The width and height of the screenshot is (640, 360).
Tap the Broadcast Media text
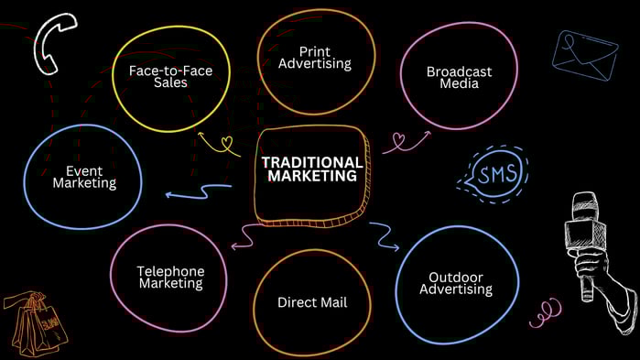[x=459, y=77]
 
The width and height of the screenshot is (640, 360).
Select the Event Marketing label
[x=84, y=176]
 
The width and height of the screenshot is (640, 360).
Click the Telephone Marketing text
[x=170, y=277]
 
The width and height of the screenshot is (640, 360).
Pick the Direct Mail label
[x=312, y=301]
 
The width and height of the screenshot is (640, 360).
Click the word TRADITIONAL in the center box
[x=312, y=161]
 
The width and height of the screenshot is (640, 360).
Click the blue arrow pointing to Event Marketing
[x=198, y=191]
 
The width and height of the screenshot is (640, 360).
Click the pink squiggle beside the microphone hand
[x=546, y=311]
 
